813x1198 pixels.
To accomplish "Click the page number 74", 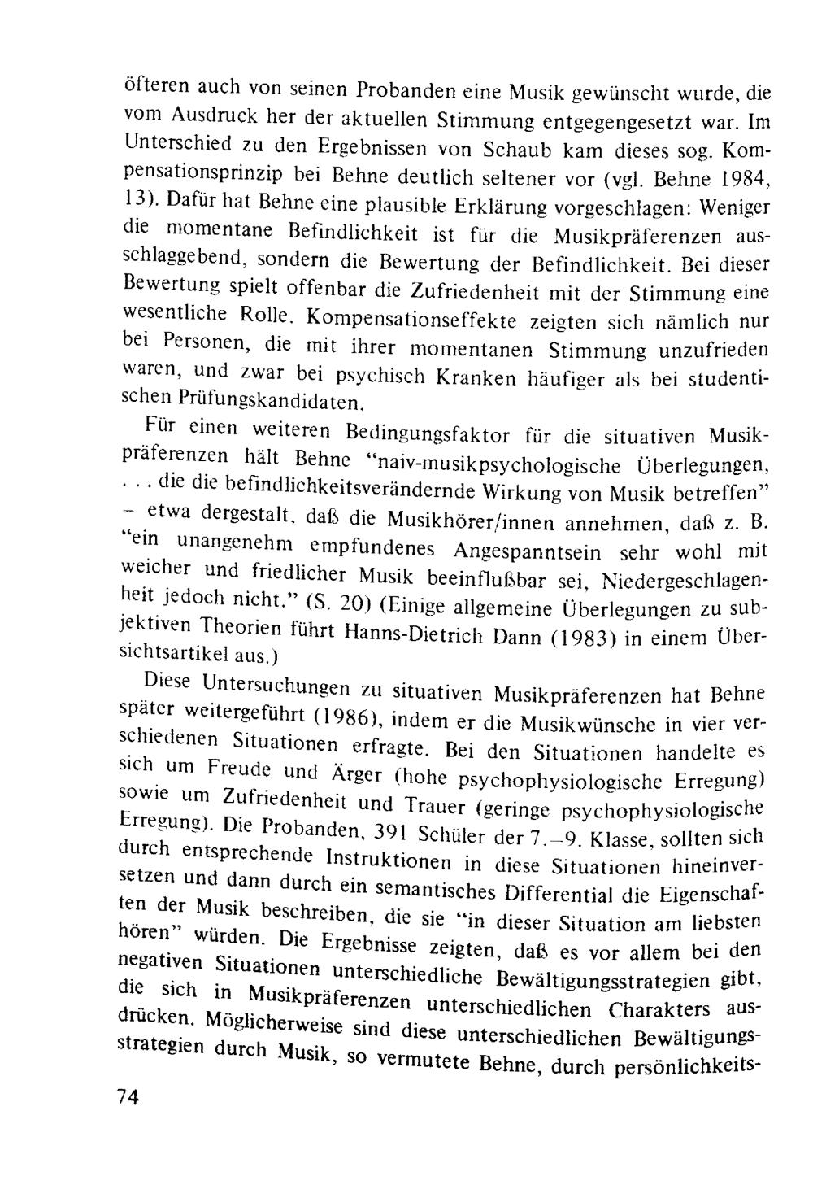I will pyautogui.click(x=128, y=1098).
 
